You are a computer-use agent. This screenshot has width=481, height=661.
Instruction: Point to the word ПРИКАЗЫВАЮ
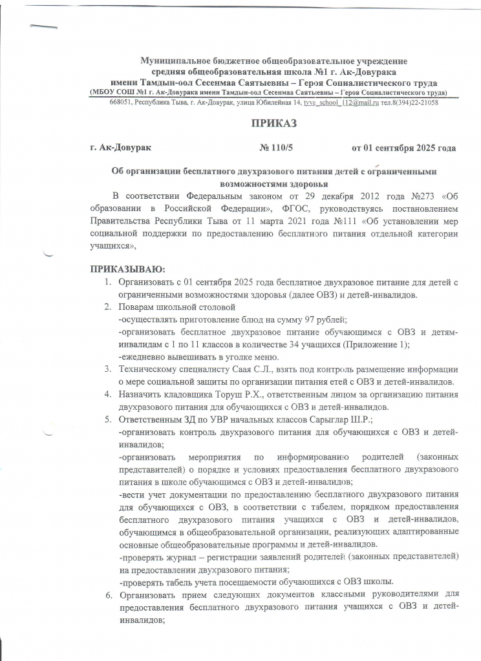[x=127, y=267]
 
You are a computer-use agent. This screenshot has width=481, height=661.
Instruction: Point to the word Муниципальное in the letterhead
[x=173, y=61]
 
